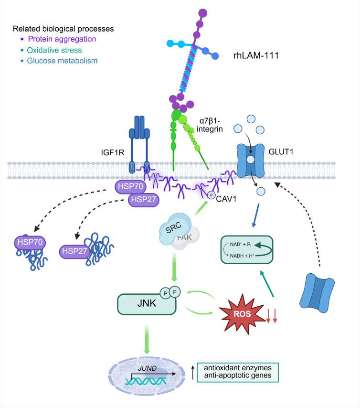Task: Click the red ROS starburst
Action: tap(242, 314)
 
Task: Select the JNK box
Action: tap(147, 304)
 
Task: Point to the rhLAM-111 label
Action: tap(256, 55)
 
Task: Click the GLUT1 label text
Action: tap(281, 151)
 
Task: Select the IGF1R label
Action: tap(113, 152)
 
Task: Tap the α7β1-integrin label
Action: tap(210, 125)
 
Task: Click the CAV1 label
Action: tap(226, 199)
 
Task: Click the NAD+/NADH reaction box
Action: tap(246, 249)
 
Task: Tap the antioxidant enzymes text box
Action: tap(238, 372)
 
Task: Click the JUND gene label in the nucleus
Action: tap(147, 368)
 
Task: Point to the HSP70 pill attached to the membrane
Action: tap(130, 187)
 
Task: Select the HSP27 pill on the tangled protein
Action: tap(74, 251)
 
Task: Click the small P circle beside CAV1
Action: tap(211, 195)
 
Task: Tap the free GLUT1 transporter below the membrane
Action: tap(317, 293)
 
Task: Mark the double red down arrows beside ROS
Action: tap(271, 316)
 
